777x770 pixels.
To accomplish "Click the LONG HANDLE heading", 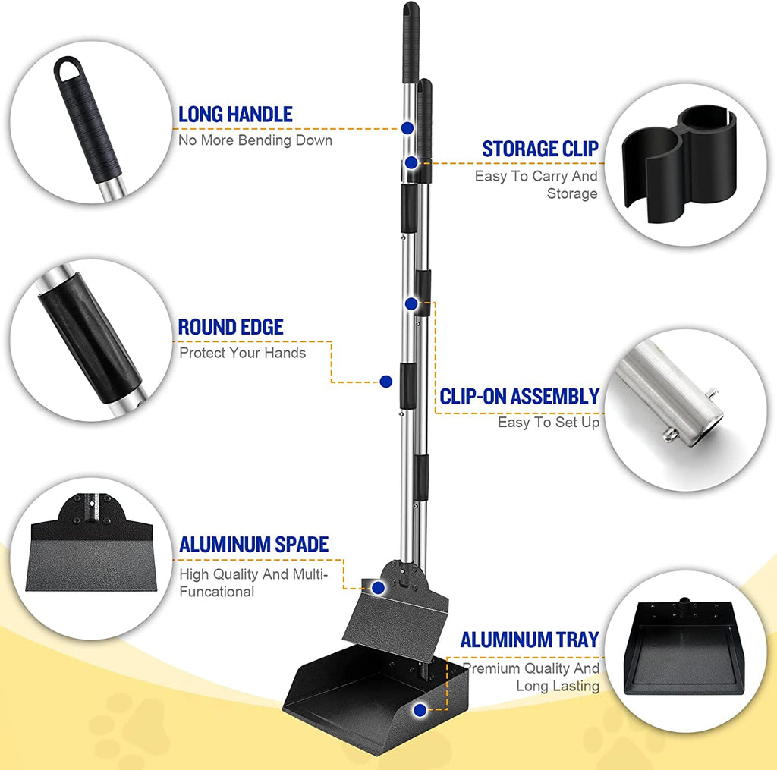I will click(235, 115).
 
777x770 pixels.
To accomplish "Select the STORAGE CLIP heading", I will click(540, 149).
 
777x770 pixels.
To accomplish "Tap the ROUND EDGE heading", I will click(231, 327).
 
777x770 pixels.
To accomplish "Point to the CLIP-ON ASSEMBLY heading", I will click(520, 396).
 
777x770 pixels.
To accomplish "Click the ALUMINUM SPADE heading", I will click(253, 544).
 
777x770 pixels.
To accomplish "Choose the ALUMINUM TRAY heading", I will click(530, 640).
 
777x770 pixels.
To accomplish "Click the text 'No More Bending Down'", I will click(255, 140).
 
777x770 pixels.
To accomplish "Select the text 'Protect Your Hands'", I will click(243, 353).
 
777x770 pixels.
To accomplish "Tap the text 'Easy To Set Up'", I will click(549, 422).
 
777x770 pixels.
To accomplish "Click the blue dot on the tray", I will click(420, 710).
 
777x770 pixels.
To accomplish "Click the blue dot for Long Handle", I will click(407, 128).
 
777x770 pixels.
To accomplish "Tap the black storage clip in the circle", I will click(681, 163).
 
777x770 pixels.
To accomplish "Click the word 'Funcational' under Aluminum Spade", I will click(217, 592).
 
